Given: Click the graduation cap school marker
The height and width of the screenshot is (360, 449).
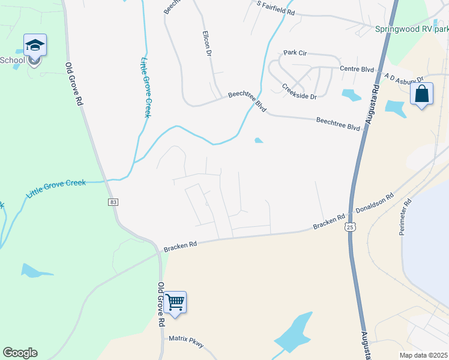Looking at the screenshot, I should tap(35, 46).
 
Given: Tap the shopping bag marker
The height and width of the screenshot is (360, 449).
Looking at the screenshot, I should tap(421, 94).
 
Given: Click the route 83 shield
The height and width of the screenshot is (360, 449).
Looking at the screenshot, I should tap(113, 202).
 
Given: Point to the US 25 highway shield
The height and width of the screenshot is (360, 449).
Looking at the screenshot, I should tap(350, 227).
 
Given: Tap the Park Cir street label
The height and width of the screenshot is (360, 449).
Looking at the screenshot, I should tap(295, 53).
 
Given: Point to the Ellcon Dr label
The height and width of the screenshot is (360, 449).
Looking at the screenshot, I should tap(207, 43).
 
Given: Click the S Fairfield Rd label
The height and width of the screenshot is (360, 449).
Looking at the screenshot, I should tap(276, 8).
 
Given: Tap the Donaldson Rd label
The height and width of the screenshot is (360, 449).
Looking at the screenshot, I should tap(375, 204).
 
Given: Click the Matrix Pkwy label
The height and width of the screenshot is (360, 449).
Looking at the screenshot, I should tap(186, 341).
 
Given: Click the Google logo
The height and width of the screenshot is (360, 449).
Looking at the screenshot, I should tap(20, 353).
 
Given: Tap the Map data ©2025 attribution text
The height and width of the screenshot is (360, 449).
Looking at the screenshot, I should tap(424, 355).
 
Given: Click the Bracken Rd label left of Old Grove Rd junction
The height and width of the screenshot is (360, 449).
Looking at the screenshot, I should tap(181, 245).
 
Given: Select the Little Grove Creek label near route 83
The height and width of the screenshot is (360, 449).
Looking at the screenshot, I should tap(56, 188).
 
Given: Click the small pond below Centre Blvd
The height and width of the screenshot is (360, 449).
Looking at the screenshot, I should tap(351, 94).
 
